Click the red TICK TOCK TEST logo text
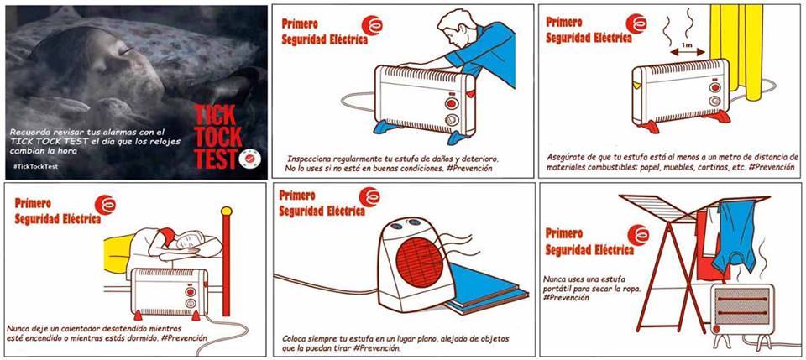click(x=218, y=137)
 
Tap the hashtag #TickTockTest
click(x=36, y=166)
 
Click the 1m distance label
click(x=686, y=45)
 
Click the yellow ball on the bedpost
click(x=226, y=211)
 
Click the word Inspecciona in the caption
click(x=311, y=159)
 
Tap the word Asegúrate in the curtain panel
click(x=567, y=157)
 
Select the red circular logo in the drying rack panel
click(x=638, y=235)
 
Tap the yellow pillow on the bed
click(x=116, y=253)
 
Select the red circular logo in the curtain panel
click(x=637, y=23)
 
